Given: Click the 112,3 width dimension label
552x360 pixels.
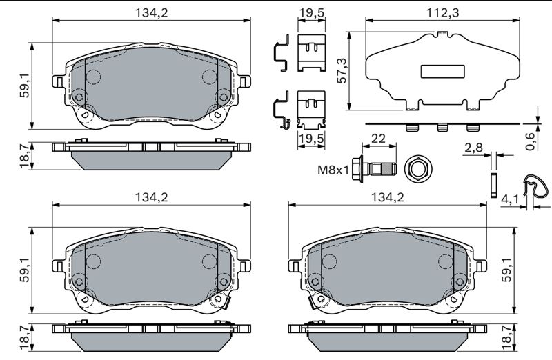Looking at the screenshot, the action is point(442,13).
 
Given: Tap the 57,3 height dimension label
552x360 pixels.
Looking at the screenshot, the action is point(342,70).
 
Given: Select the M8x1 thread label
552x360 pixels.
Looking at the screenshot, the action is point(333,170).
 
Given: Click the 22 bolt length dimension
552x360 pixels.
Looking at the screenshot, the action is point(378,139).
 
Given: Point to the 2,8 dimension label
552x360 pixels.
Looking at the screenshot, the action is point(473,148).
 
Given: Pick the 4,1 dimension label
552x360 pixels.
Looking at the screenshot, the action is point(509,199).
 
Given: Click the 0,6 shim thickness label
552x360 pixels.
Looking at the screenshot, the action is point(530,141).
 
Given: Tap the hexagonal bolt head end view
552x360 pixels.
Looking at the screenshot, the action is point(418,170).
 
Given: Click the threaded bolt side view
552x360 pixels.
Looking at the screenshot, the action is point(375,169).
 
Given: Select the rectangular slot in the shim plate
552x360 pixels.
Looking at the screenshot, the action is point(442,72).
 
